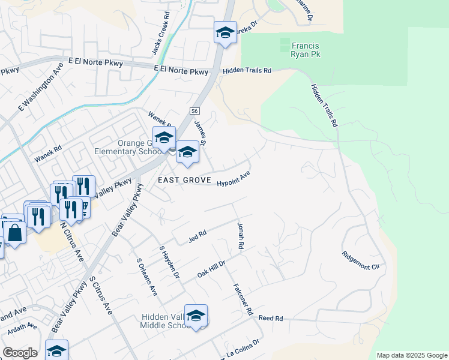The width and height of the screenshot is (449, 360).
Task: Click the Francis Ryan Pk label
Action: tap(305, 50)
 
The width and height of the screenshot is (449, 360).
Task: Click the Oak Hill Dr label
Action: tap(211, 269)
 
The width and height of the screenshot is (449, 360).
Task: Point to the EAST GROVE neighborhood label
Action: tap(184, 180)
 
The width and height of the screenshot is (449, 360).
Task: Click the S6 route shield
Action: tap(194, 111)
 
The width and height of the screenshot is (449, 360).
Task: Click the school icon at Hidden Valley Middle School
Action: tap(196, 316)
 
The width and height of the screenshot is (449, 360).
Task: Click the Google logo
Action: tap(19, 353)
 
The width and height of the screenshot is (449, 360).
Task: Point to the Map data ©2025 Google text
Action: tap(411, 355)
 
